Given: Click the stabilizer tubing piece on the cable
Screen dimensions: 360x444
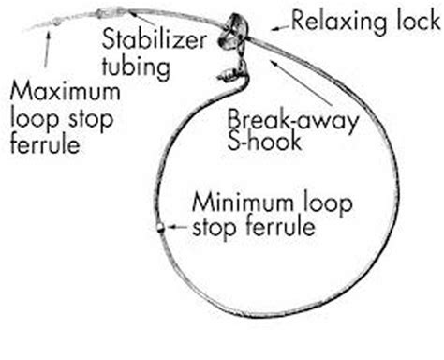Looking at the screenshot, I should pos(109,14).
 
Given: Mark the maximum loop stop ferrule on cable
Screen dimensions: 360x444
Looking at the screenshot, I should pos(56,21).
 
